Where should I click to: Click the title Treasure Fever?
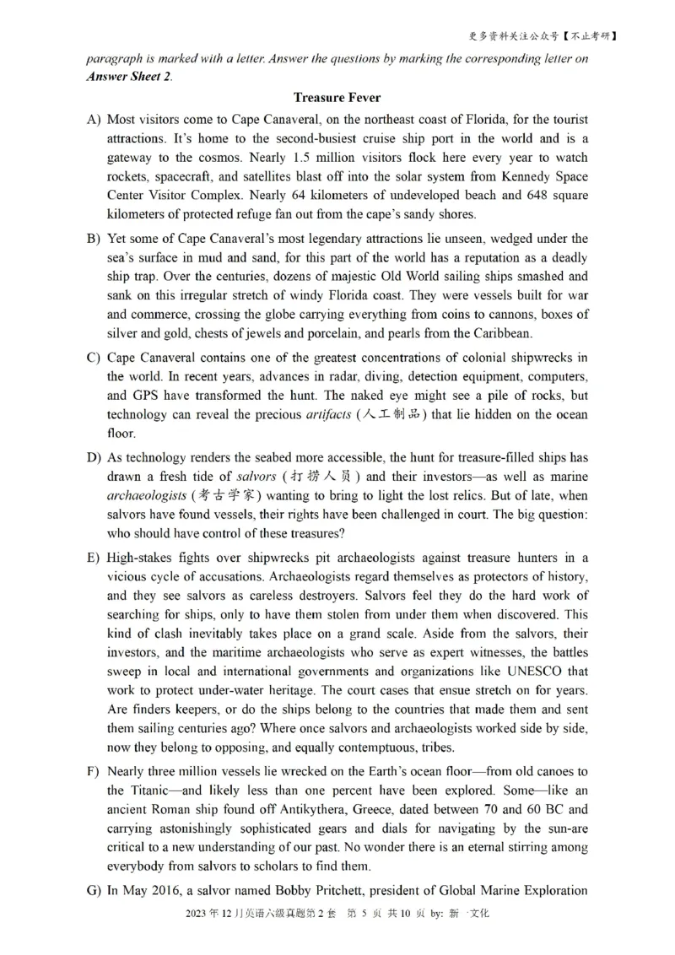pos(337,98)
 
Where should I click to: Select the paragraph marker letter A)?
pos(94,120)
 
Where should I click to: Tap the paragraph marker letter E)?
pos(94,558)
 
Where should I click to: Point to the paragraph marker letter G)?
pos(94,891)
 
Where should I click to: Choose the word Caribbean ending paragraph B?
pos(503,333)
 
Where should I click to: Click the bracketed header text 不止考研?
pos(591,36)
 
